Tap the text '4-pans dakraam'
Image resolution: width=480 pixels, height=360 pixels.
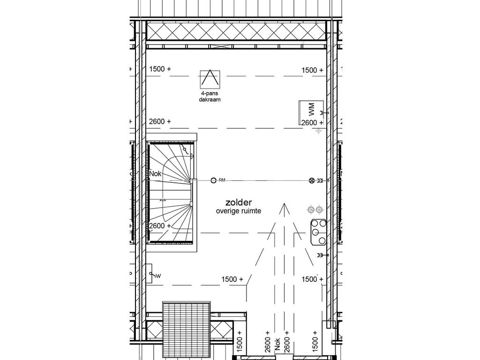209,97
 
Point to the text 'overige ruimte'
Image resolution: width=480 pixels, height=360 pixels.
239,211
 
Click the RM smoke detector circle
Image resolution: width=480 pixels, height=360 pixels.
213,180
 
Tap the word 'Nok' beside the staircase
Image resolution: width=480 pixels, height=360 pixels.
155,174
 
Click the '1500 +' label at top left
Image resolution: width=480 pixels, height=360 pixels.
160,69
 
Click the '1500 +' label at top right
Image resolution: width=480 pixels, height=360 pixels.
312,70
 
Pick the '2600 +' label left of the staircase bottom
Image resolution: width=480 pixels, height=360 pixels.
160,226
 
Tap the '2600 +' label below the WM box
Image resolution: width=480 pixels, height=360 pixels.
312,123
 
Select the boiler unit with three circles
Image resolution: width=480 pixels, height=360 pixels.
318,232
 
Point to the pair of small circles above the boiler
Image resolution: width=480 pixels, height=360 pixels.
315,209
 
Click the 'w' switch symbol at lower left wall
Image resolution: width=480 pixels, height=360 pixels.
152,275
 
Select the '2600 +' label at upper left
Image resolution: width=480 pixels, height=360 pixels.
160,121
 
